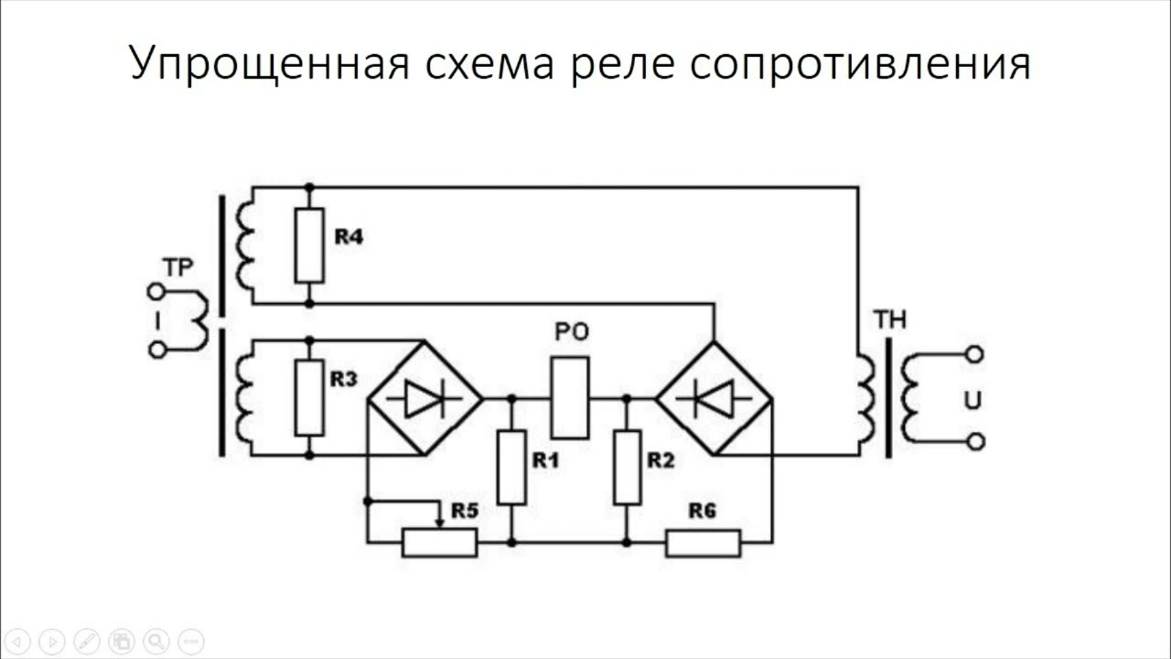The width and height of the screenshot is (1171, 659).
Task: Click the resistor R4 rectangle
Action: pos(309,244)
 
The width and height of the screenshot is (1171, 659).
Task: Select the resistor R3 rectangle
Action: pos(309,397)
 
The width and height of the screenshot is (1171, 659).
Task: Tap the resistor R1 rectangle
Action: pos(511,467)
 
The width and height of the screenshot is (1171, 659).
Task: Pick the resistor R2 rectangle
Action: pos(627,467)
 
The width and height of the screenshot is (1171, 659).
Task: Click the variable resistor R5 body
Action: pos(439,543)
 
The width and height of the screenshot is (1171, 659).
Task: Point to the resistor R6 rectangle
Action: pos(703,543)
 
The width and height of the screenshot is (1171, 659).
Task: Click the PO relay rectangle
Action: pos(569,398)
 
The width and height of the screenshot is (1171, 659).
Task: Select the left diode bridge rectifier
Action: pos(424,398)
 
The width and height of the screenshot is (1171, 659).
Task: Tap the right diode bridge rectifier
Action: pos(714,398)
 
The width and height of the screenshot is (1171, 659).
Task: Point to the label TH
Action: pos(889,319)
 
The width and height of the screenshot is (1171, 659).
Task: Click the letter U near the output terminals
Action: pos(973,401)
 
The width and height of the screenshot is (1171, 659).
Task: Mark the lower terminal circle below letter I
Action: pos(156,350)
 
